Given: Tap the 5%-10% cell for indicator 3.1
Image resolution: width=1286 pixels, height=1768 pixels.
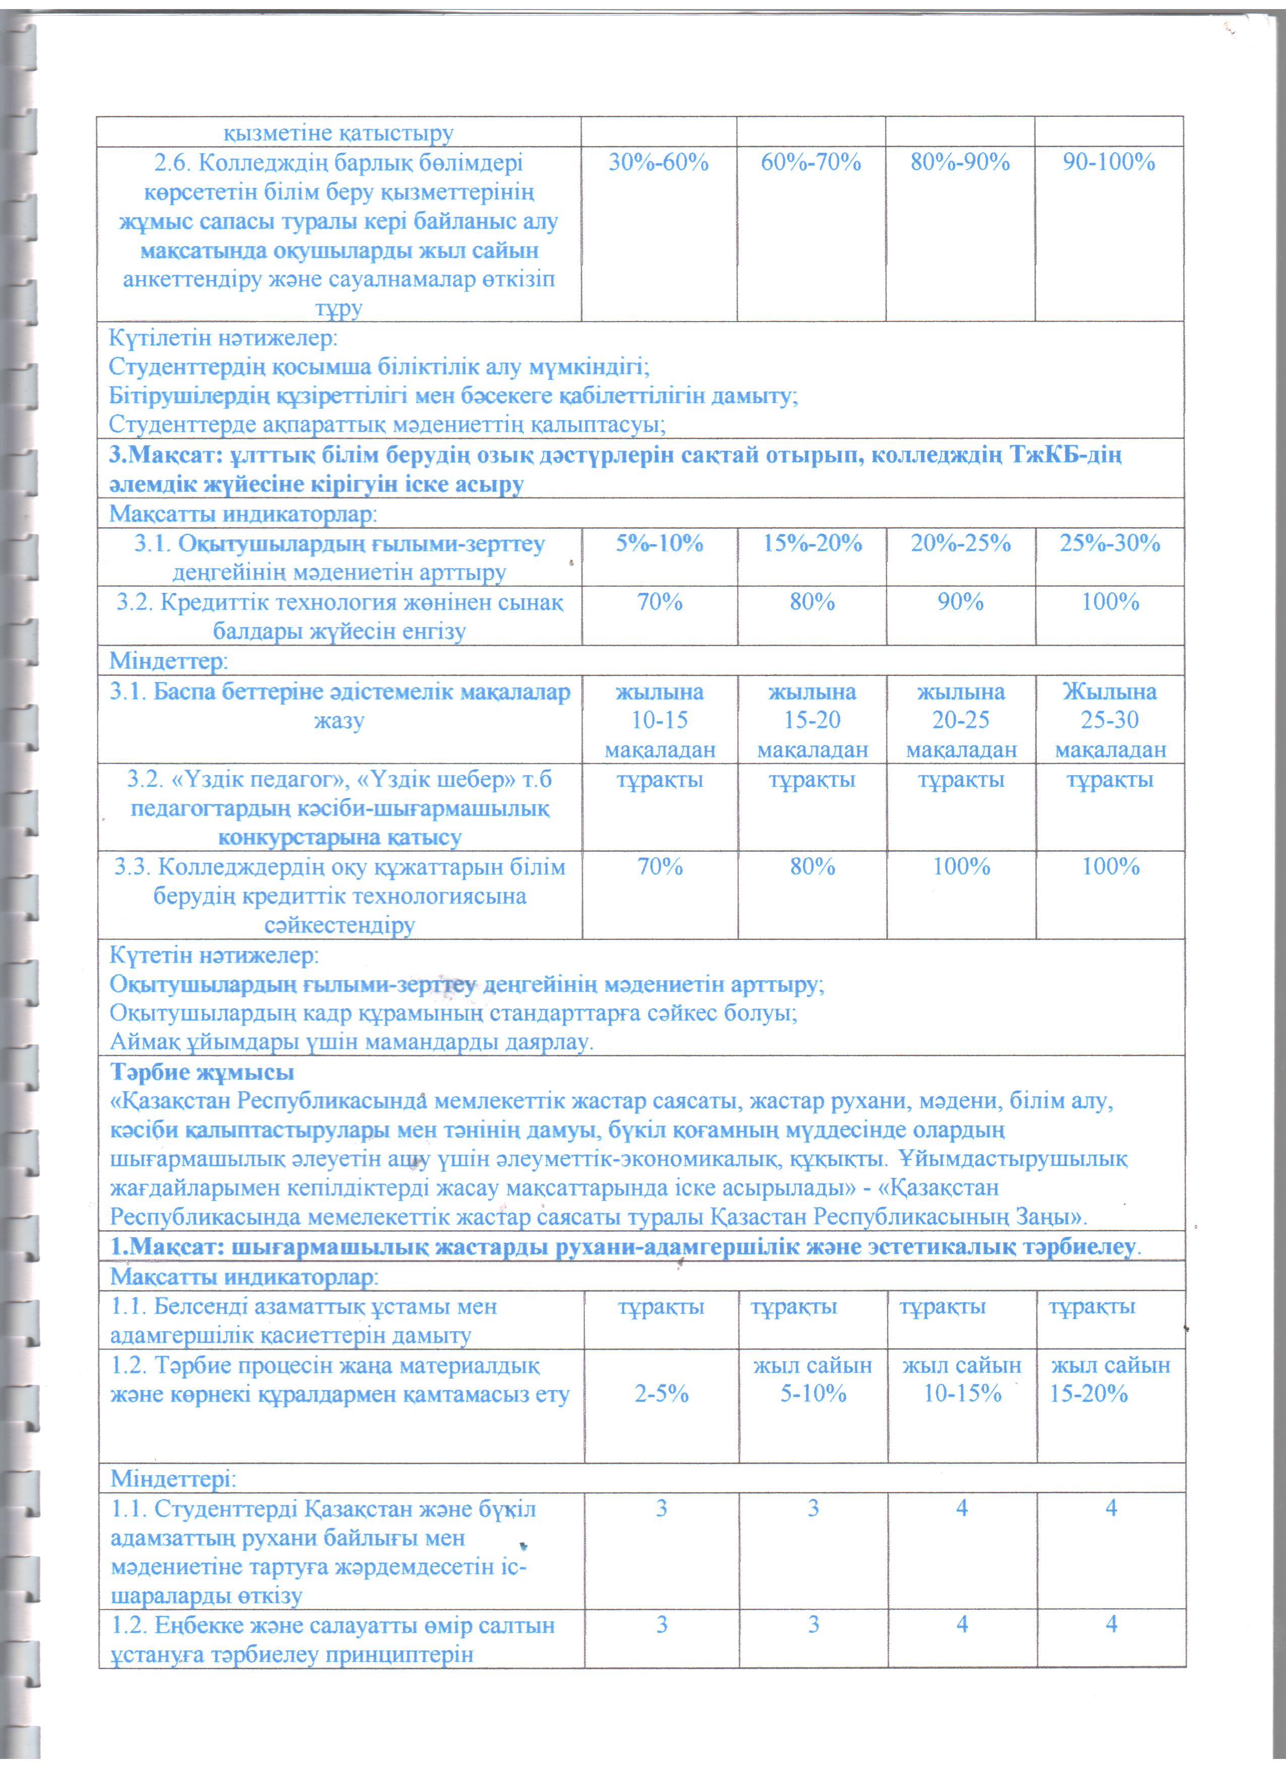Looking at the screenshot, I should [x=659, y=543].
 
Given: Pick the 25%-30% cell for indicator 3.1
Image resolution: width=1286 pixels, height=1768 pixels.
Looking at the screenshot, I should [x=1109, y=543].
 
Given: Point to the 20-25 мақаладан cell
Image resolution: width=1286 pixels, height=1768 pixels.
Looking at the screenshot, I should [x=961, y=720].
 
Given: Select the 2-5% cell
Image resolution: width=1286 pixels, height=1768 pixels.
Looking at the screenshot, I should [x=661, y=1394].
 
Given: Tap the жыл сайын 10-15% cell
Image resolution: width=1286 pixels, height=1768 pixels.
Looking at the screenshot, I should [x=962, y=1380].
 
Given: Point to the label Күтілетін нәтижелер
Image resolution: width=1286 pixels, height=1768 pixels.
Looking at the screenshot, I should [x=223, y=339].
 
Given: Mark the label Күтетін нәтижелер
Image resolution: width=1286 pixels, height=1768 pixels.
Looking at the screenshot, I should [x=213, y=955].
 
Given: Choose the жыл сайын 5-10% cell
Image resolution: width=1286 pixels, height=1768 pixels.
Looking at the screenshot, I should [x=812, y=1380].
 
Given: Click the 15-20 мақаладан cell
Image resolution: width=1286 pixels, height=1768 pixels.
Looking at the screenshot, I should [x=812, y=720].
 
